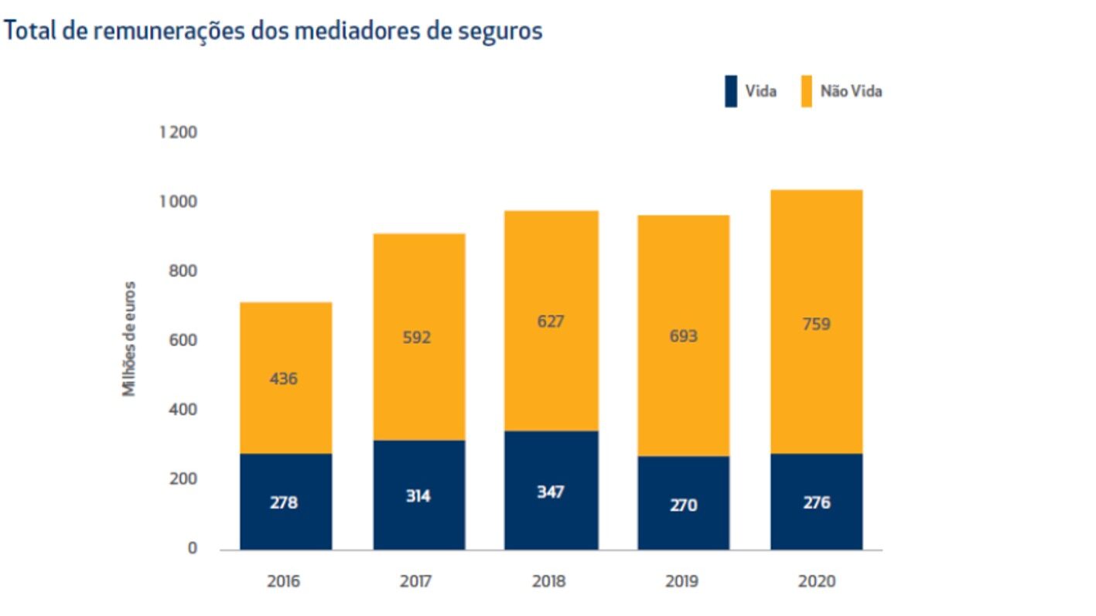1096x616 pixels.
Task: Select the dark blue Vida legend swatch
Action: pos(731,91)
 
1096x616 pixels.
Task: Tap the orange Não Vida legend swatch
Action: pos(806,91)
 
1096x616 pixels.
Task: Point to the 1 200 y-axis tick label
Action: pos(179,133)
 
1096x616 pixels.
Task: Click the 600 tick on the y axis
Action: pos(184,341)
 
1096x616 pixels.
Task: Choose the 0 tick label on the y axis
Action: pos(192,549)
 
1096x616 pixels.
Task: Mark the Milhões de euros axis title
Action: pos(129,339)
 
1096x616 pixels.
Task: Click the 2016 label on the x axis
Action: pos(284,581)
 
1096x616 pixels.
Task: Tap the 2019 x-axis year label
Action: pos(681,581)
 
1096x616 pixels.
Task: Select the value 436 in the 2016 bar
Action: pos(284,379)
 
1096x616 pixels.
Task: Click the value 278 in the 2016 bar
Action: pos(284,502)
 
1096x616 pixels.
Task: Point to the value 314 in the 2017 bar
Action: pos(418,496)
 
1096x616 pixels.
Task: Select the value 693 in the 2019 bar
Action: pos(683,336)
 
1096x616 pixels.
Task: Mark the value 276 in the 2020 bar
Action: pos(817,503)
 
